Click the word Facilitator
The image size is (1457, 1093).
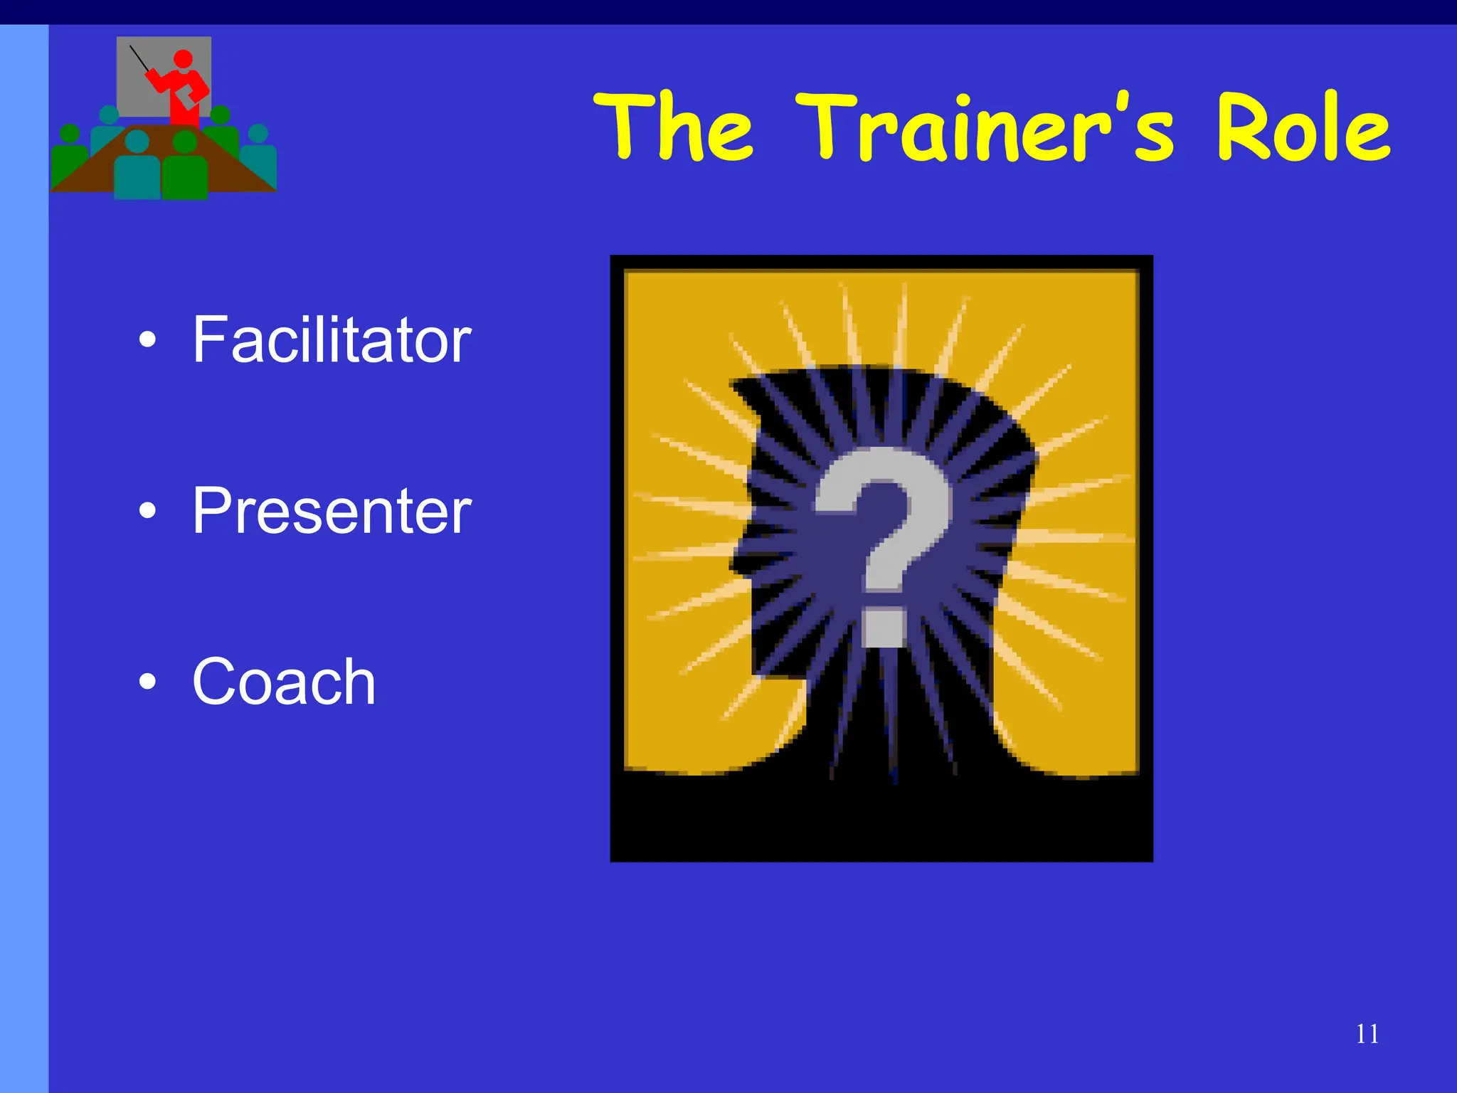point(332,340)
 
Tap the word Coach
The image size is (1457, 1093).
point(283,682)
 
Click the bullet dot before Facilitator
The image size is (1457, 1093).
point(147,340)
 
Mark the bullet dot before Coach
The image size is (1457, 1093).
point(147,682)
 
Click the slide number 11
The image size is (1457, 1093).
point(1367,1034)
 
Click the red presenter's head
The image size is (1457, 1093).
point(183,59)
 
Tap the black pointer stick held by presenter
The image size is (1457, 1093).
point(139,58)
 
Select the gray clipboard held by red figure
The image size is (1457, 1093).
point(188,96)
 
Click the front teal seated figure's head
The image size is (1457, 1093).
point(137,142)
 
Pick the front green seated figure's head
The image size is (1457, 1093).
point(185,142)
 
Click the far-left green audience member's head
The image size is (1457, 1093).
point(70,133)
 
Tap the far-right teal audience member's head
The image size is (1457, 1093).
point(258,133)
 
